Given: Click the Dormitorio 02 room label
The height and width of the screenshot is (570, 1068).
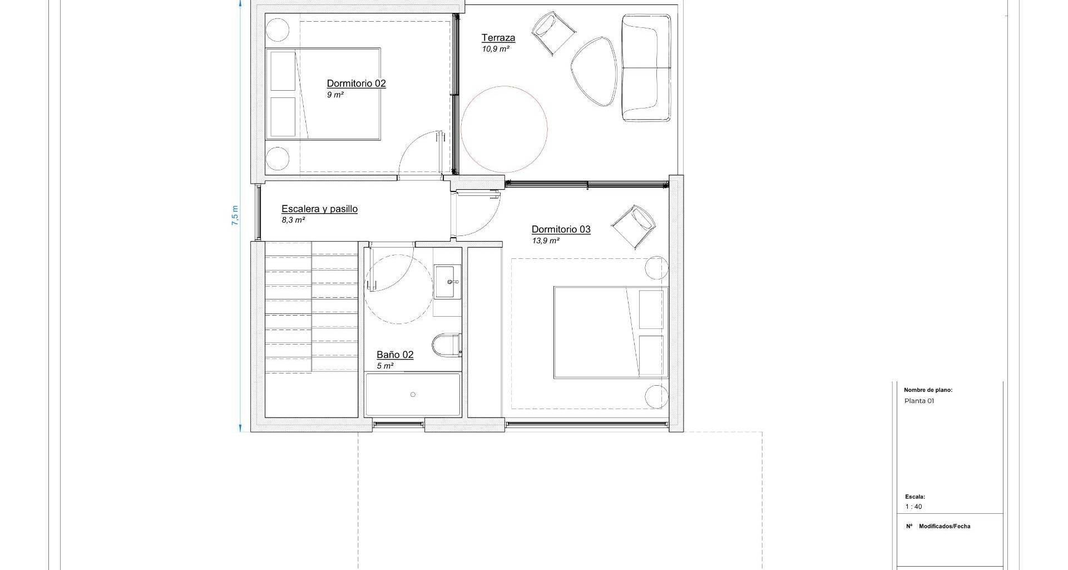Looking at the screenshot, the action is pos(356,83).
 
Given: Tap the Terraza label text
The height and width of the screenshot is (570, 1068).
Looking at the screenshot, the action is pos(498,38).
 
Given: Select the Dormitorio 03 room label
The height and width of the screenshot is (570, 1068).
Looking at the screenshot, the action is pos(561,229).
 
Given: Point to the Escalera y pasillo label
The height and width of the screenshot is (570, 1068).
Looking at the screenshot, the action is pos(319,209).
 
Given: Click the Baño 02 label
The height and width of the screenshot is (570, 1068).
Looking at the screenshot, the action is pos(395,355).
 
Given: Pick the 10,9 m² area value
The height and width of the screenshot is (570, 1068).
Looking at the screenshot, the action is pos(496,49).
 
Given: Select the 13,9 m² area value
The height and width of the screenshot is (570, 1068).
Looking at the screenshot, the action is pos(546,241).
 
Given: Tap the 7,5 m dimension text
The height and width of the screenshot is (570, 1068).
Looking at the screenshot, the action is pos(235,215).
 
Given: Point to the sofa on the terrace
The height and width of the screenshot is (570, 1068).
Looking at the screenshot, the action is pos(646,67).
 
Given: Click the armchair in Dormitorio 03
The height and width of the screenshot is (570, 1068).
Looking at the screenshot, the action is pos(633,226).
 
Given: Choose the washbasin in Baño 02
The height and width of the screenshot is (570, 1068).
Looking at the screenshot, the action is pos(447,282).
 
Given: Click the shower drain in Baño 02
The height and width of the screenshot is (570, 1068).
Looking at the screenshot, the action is pos(413,395).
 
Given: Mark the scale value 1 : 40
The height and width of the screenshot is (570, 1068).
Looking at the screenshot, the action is pos(913,507).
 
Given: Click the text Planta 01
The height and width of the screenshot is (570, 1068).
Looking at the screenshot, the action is pos(919,401).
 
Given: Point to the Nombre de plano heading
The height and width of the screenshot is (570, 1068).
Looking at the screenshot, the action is pos(928,390).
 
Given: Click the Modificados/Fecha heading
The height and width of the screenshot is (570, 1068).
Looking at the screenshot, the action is pos(945,526).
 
